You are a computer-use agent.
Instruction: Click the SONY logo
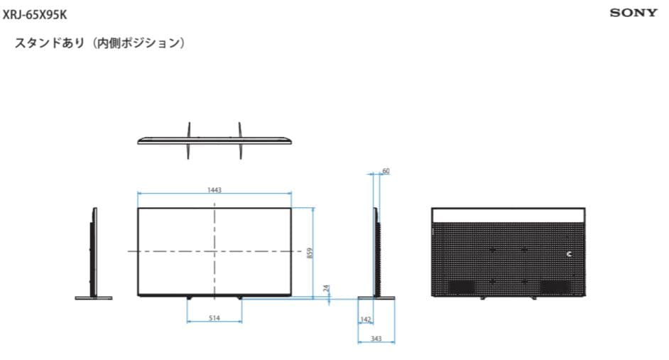[633, 13]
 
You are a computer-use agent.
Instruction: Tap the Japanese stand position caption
[100, 44]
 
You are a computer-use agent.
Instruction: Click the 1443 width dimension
[214, 190]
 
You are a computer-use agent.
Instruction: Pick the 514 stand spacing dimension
[214, 318]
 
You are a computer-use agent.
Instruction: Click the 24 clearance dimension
[327, 289]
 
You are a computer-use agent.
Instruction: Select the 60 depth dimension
[386, 171]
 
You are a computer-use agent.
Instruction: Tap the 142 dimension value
[366, 320]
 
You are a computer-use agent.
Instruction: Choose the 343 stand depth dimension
[376, 339]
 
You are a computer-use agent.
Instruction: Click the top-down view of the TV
[214, 139]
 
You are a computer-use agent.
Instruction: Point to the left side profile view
[92, 252]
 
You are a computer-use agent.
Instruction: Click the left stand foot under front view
[188, 296]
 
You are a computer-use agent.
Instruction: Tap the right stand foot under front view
[240, 296]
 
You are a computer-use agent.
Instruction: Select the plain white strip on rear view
[509, 215]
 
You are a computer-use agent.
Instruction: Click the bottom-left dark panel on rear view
[461, 285]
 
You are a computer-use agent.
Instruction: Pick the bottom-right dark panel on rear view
[555, 285]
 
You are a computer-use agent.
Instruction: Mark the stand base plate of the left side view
[93, 298]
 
